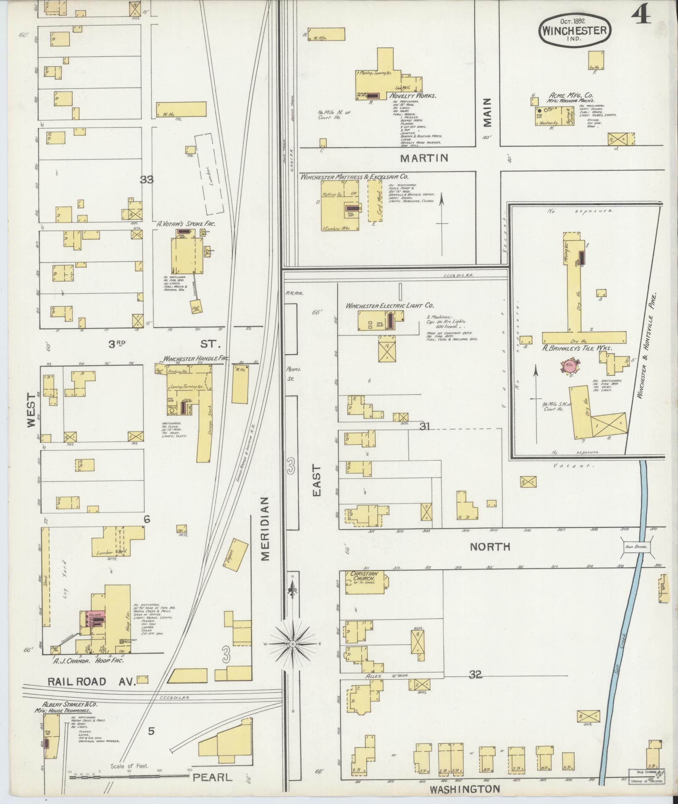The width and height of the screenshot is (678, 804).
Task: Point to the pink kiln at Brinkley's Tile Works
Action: click(x=571, y=365)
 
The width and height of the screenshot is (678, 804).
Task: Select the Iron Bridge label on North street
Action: click(x=636, y=547)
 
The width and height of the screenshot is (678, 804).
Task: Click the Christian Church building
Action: click(x=364, y=582)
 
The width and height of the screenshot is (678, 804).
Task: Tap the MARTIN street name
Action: click(x=424, y=158)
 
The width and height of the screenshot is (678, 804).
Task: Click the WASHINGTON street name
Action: click(x=464, y=789)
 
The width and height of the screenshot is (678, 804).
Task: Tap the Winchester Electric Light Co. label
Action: click(x=389, y=306)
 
